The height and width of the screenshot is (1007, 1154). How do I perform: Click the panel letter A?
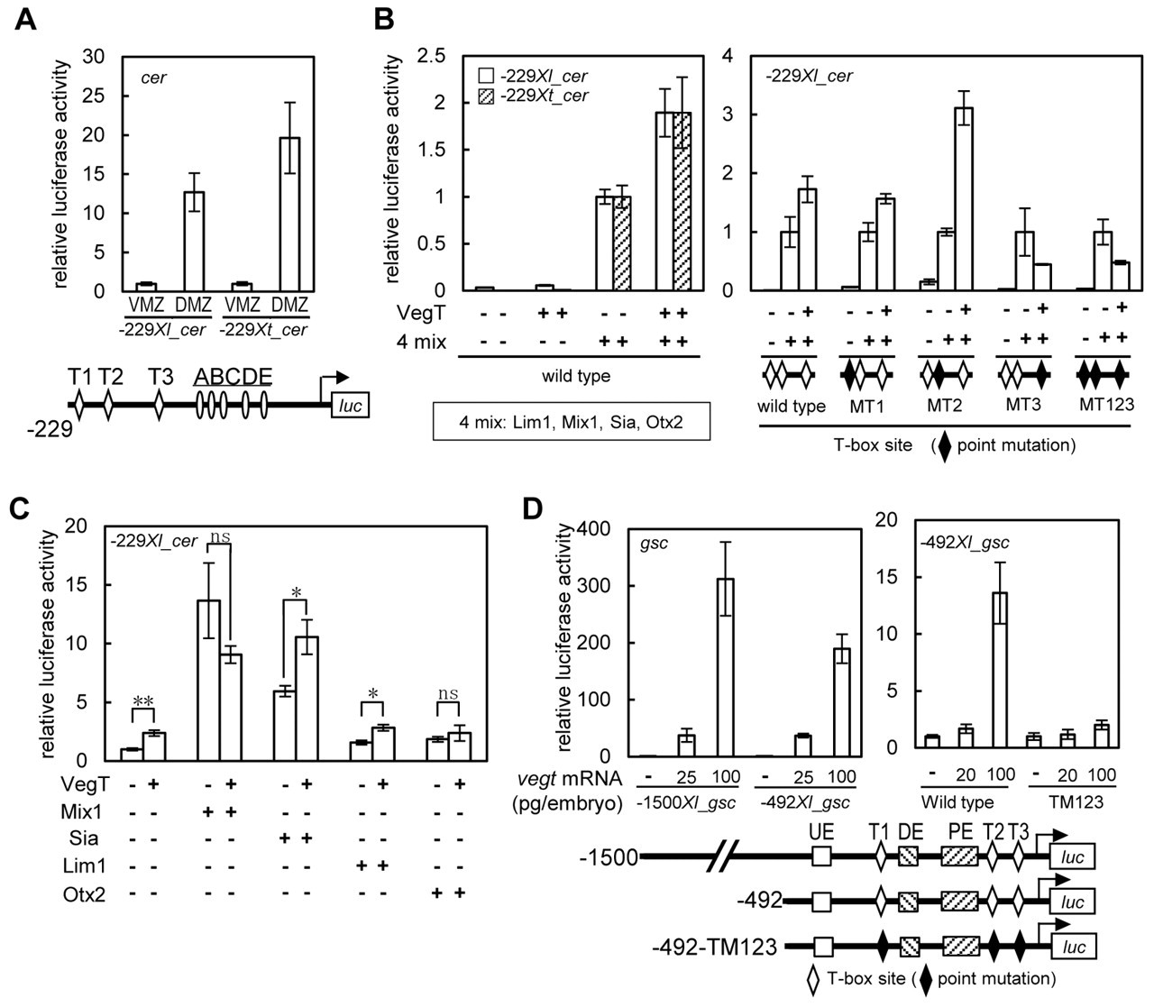click(26, 21)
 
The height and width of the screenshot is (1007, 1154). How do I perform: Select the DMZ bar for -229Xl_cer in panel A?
click(194, 242)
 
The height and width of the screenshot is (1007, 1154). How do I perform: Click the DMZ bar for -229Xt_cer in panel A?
click(289, 215)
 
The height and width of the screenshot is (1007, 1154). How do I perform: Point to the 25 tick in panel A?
click(94, 96)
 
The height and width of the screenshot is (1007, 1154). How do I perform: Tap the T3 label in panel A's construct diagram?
click(160, 377)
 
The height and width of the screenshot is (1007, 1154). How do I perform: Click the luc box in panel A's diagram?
click(351, 405)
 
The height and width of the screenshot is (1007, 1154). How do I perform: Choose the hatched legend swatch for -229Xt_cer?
click(486, 96)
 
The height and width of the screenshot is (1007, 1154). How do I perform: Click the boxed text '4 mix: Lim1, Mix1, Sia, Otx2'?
click(572, 421)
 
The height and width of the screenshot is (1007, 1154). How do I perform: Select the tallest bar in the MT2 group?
click(964, 199)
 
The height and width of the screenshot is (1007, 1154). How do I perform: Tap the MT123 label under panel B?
click(1106, 404)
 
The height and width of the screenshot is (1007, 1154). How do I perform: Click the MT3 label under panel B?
click(1023, 404)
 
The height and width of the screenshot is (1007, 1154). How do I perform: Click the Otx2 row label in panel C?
click(84, 894)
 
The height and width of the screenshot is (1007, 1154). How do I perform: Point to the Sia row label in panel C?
click(84, 838)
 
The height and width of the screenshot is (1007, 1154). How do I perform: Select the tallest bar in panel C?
click(208, 681)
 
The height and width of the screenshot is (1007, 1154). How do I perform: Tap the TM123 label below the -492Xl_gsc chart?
click(1076, 801)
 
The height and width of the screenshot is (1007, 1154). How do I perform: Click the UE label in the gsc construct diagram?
click(821, 831)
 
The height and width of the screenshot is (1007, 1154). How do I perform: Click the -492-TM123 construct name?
click(715, 947)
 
